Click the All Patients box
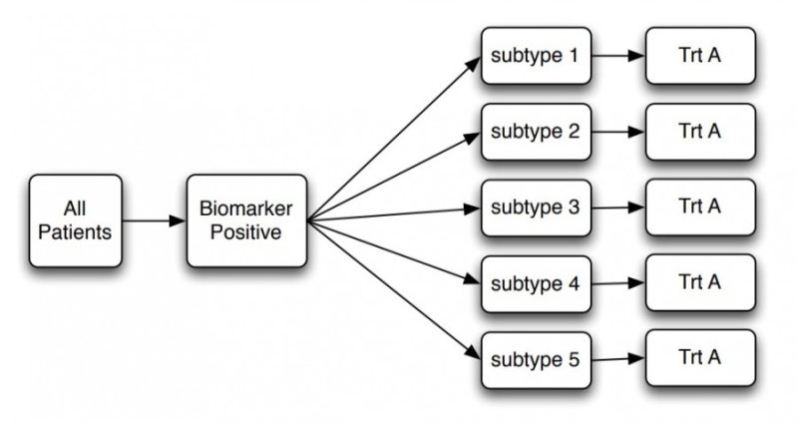pos(75,220)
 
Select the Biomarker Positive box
pos(246,220)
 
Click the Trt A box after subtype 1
pos(700,56)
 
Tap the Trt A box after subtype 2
pos(700,132)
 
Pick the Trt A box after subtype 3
pos(700,208)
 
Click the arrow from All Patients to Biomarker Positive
pos(154,220)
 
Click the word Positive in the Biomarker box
pos(246,231)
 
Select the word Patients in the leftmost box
pos(75,231)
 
